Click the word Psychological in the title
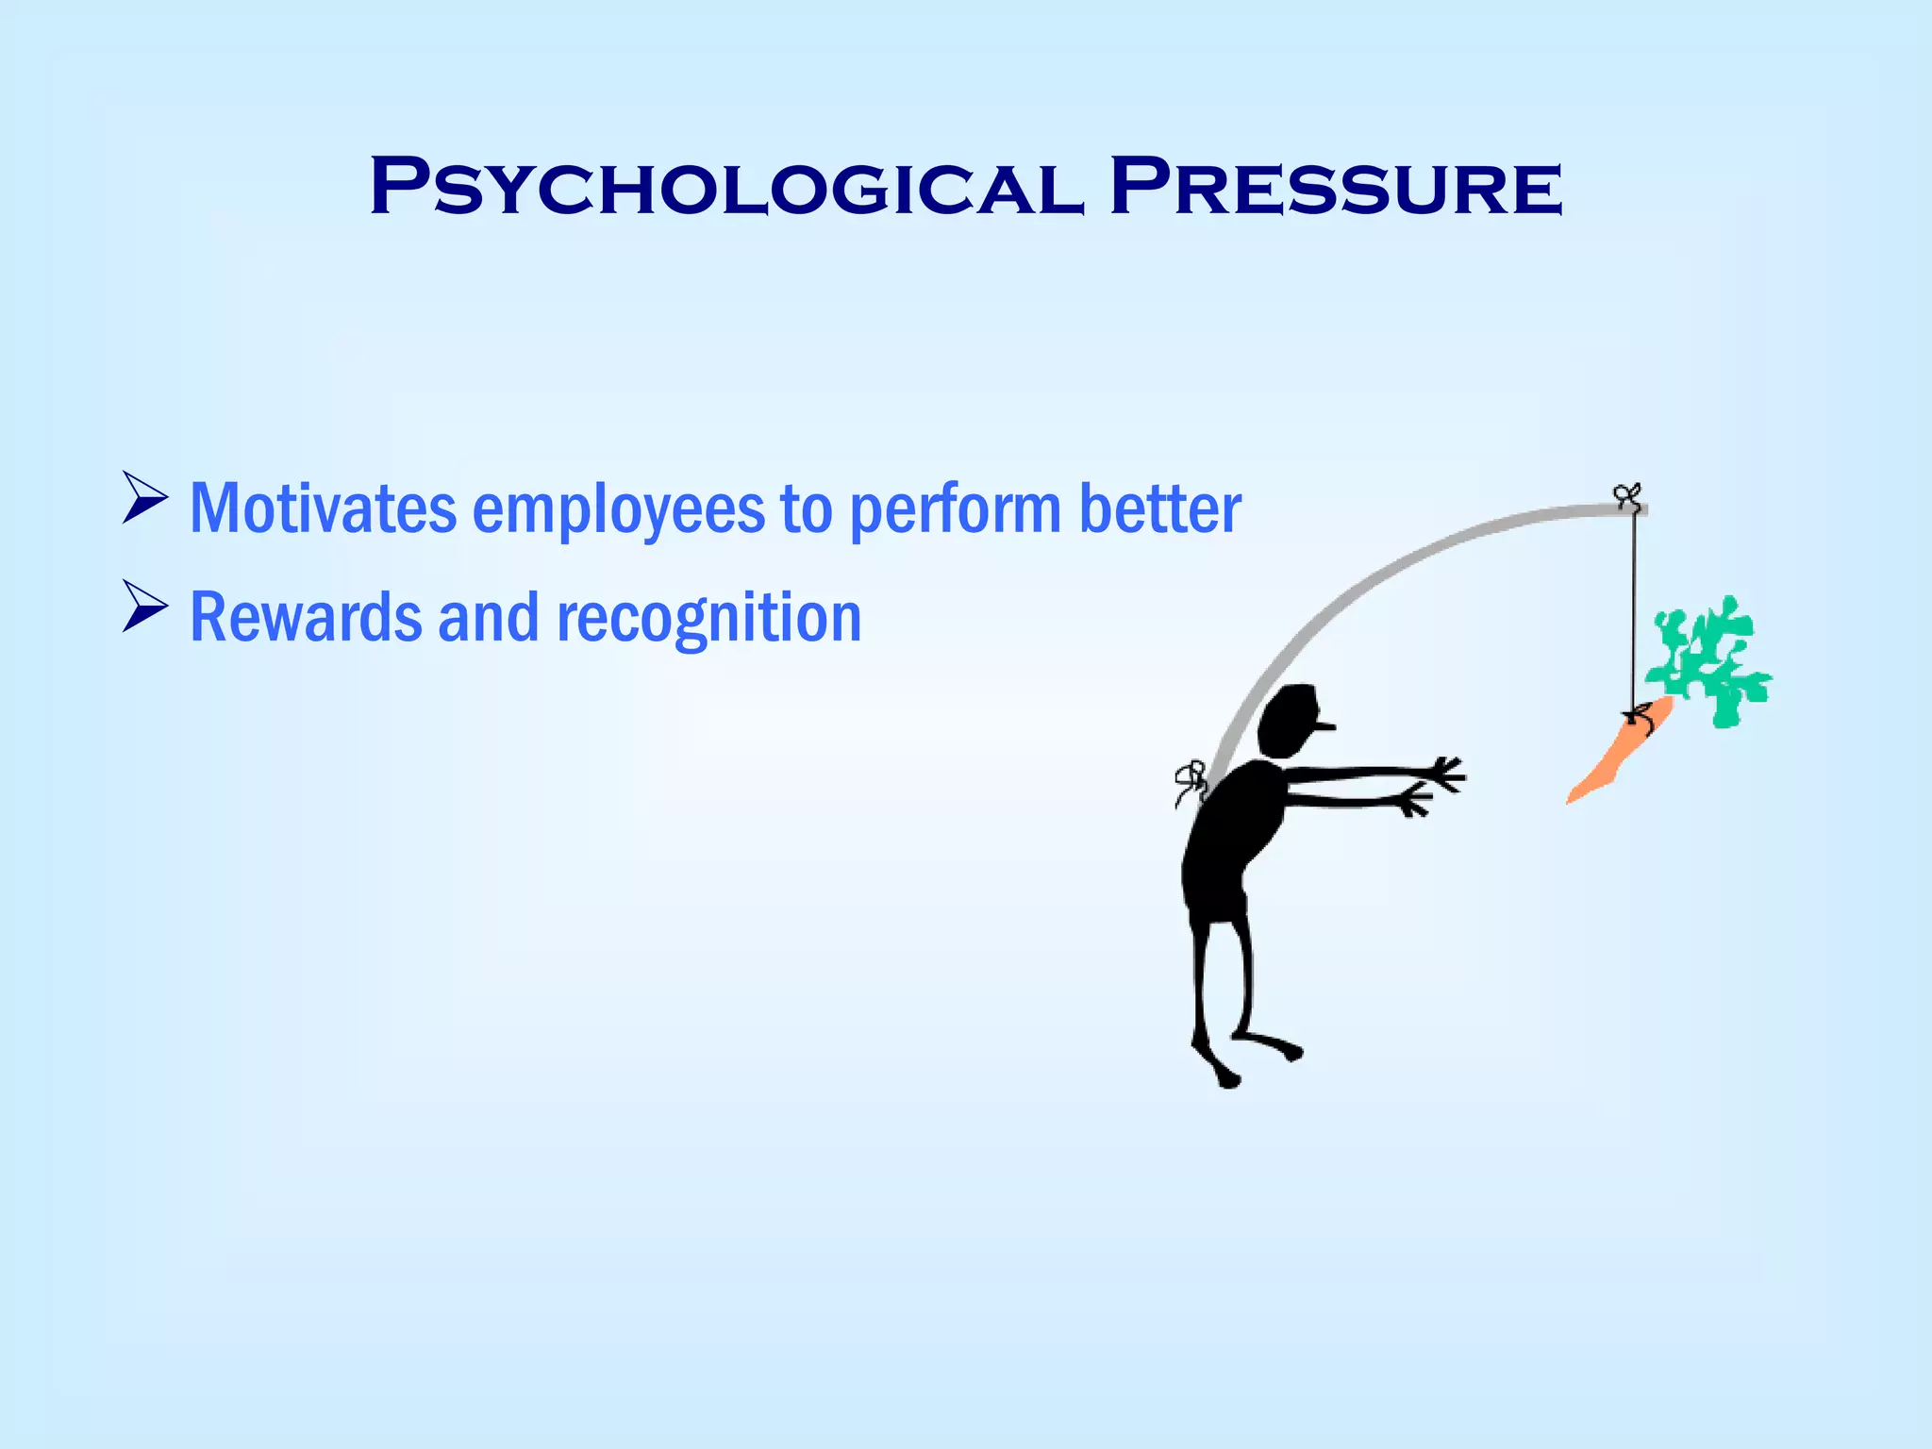(x=726, y=188)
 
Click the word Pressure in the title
(x=1336, y=188)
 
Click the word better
(x=1159, y=508)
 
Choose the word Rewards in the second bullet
(x=305, y=617)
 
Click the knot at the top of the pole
(x=1626, y=495)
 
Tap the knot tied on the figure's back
(x=1191, y=782)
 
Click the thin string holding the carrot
(x=1634, y=613)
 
